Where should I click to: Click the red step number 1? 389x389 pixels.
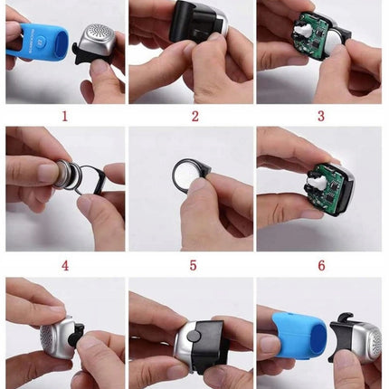click(64, 116)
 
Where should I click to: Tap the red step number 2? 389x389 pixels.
click(194, 116)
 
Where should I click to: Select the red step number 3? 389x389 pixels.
click(320, 116)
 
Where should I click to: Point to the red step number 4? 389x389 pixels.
click(64, 265)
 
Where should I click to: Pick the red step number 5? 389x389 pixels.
click(194, 265)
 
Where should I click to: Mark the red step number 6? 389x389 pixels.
click(320, 265)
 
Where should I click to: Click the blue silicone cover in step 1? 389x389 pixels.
click(36, 42)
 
